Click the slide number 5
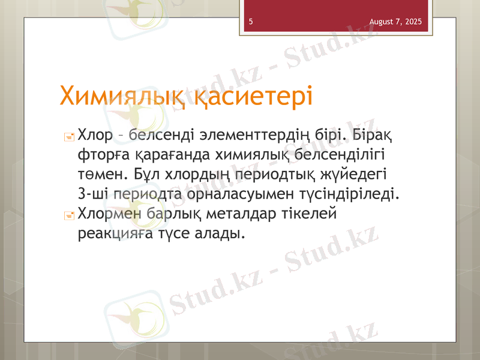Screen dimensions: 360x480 point(250,22)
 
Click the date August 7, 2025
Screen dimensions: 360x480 point(395,22)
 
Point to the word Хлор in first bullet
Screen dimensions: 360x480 point(95,136)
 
